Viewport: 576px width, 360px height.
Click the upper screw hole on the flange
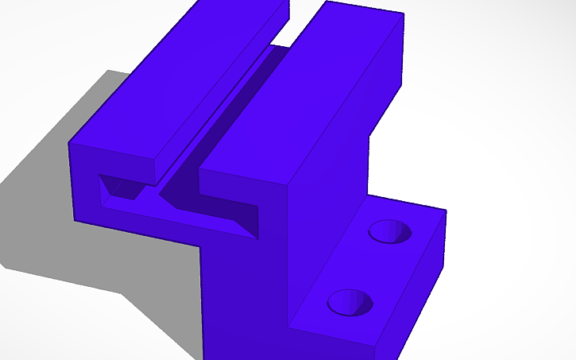[391, 230]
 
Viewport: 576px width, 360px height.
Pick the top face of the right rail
[302, 87]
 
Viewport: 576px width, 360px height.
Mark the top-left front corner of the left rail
[70, 144]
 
